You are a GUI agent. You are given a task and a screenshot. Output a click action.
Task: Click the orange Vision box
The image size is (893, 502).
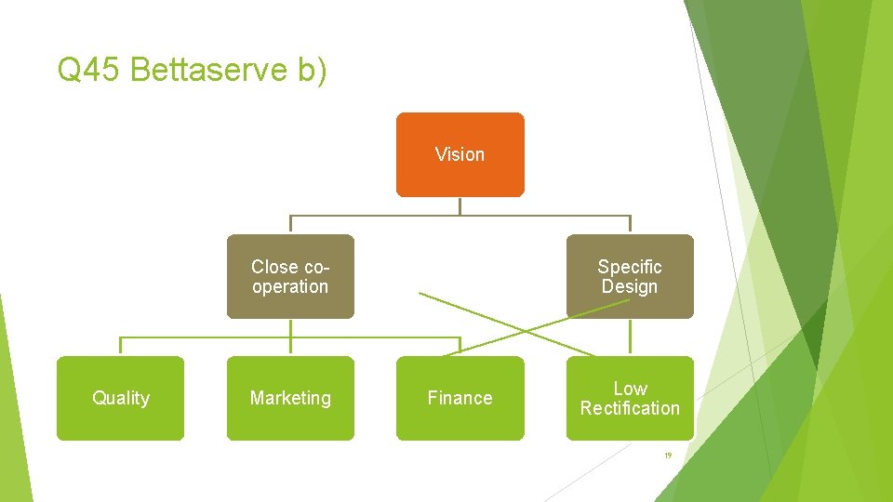(x=460, y=154)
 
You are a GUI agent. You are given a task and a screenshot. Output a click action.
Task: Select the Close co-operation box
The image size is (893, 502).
(x=290, y=276)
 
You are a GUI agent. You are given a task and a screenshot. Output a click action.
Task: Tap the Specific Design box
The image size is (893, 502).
(x=630, y=276)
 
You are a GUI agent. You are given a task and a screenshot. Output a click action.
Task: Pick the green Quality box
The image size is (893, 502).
(x=120, y=398)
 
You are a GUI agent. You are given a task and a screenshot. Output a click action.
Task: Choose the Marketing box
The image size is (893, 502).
(x=290, y=398)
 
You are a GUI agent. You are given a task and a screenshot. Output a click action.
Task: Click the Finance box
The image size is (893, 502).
(x=460, y=398)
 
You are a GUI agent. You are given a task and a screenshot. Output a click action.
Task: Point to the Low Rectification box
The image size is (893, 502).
(x=630, y=398)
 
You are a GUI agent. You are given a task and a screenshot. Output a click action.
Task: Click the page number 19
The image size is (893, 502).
(x=667, y=456)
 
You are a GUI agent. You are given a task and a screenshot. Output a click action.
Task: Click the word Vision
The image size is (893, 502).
(x=460, y=154)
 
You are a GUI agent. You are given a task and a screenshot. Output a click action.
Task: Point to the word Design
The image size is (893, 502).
(x=630, y=287)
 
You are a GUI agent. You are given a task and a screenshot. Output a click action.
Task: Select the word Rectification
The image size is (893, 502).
(x=630, y=408)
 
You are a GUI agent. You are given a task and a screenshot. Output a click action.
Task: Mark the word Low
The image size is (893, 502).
(x=630, y=388)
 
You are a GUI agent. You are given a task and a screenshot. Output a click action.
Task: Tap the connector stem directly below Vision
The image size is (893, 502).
(x=460, y=206)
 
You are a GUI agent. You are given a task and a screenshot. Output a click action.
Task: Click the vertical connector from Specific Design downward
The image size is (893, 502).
(x=630, y=337)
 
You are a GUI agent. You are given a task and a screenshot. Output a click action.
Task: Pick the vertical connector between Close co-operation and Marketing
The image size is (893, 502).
(x=290, y=337)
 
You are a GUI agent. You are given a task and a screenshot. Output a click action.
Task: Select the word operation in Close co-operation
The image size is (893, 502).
(x=290, y=287)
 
